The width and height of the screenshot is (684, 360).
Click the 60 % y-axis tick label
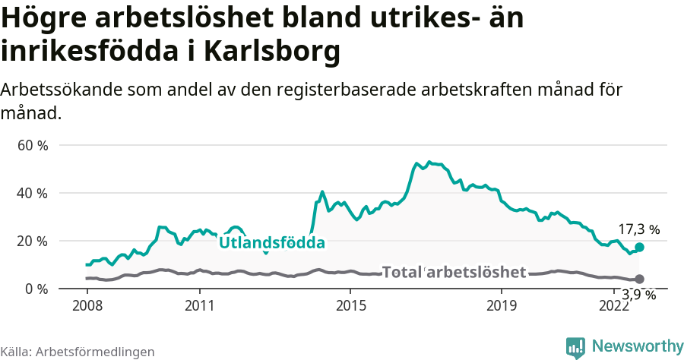pyautogui.click(x=32, y=145)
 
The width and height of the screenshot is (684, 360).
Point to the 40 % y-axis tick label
pyautogui.click(x=32, y=193)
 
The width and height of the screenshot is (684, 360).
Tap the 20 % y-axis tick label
pyautogui.click(x=32, y=241)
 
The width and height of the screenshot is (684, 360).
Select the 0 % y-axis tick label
pyautogui.click(x=36, y=289)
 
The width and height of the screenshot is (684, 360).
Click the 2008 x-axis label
pyautogui.click(x=87, y=305)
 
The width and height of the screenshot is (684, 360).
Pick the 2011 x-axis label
pyautogui.click(x=199, y=305)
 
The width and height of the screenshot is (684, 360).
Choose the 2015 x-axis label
pyautogui.click(x=350, y=305)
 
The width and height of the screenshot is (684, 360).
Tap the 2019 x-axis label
pyautogui.click(x=500, y=305)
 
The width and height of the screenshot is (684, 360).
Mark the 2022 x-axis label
pyautogui.click(x=613, y=305)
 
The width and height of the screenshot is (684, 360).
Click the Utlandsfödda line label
pyautogui.click(x=272, y=243)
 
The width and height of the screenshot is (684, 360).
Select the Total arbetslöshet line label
pyautogui.click(x=454, y=272)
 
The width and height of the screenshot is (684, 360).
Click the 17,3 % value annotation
pyautogui.click(x=638, y=229)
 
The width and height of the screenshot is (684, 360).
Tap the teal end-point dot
pyautogui.click(x=640, y=247)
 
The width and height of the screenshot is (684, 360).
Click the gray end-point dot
pyautogui.click(x=640, y=279)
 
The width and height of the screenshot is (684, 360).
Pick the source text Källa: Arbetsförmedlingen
pyautogui.click(x=78, y=352)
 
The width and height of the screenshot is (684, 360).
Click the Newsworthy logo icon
pyautogui.click(x=575, y=347)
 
